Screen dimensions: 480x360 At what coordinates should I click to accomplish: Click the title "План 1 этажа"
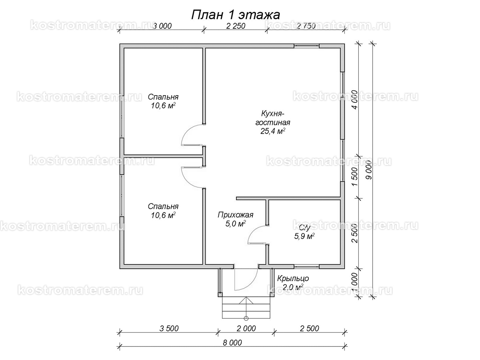click(x=236, y=15)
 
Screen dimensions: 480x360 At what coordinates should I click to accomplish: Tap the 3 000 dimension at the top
click(x=162, y=26)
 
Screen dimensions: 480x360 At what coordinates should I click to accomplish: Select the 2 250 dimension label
click(x=236, y=26)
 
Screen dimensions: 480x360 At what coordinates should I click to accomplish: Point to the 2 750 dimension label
click(x=306, y=26)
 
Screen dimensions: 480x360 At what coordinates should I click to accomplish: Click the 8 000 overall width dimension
click(x=232, y=342)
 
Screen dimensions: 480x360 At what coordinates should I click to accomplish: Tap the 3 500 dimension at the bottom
click(x=169, y=328)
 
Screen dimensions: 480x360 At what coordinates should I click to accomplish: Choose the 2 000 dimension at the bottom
click(x=246, y=328)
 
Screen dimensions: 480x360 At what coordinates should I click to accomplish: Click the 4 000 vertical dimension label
click(x=354, y=100)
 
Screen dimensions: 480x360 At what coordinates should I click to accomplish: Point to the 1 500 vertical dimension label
click(x=354, y=177)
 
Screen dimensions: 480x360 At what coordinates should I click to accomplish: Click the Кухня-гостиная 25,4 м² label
click(x=273, y=122)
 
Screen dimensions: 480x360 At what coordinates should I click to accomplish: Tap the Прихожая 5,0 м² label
click(x=235, y=219)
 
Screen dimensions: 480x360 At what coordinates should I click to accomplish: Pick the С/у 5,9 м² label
click(x=304, y=232)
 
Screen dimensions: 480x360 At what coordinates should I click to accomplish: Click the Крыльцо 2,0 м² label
click(x=293, y=282)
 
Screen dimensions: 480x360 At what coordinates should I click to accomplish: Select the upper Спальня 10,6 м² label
click(x=163, y=101)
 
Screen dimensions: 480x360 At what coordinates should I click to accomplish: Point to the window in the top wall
click(x=306, y=46)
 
